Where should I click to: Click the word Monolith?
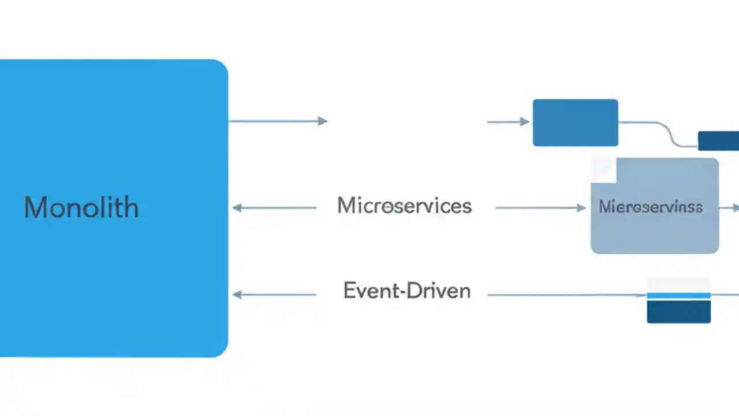81,208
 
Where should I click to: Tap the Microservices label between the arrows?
404,206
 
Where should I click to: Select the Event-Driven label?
407,291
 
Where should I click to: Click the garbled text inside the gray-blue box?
651,207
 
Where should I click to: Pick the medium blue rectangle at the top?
575,122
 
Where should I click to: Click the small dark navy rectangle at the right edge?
718,140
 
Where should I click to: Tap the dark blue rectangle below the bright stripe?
678,311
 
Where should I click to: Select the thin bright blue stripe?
678,295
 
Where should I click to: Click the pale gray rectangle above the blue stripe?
678,284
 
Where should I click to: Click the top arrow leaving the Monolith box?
278,121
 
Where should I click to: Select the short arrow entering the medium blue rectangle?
508,122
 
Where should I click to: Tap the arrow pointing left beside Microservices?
274,208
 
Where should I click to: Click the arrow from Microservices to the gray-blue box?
540,208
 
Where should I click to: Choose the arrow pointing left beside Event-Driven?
274,295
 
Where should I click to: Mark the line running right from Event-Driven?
566,295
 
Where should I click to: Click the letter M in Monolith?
35,207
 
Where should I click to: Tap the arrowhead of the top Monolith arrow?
323,121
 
